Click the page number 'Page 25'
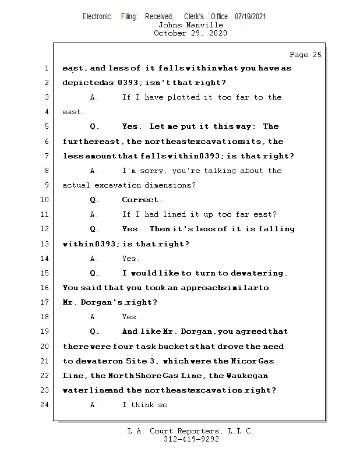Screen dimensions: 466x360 pos(305,55)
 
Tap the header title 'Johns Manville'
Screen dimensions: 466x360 pos(190,25)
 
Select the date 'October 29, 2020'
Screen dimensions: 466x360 pos(190,33)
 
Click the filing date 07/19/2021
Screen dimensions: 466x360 pos(250,16)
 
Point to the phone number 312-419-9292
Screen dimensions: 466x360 pos(191,439)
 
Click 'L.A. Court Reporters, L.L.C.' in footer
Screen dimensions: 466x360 pos(190,431)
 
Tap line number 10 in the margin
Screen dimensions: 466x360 pos(45,200)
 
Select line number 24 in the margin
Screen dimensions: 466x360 pos(45,405)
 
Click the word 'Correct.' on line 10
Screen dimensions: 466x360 pos(142,200)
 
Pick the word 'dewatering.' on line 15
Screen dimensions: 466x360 pos(259,273)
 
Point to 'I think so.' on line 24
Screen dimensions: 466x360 pos(146,405)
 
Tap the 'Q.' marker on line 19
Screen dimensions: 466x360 pos(94,331)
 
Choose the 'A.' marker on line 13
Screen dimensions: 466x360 pos(94,259)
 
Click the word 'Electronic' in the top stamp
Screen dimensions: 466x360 pos(97,16)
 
